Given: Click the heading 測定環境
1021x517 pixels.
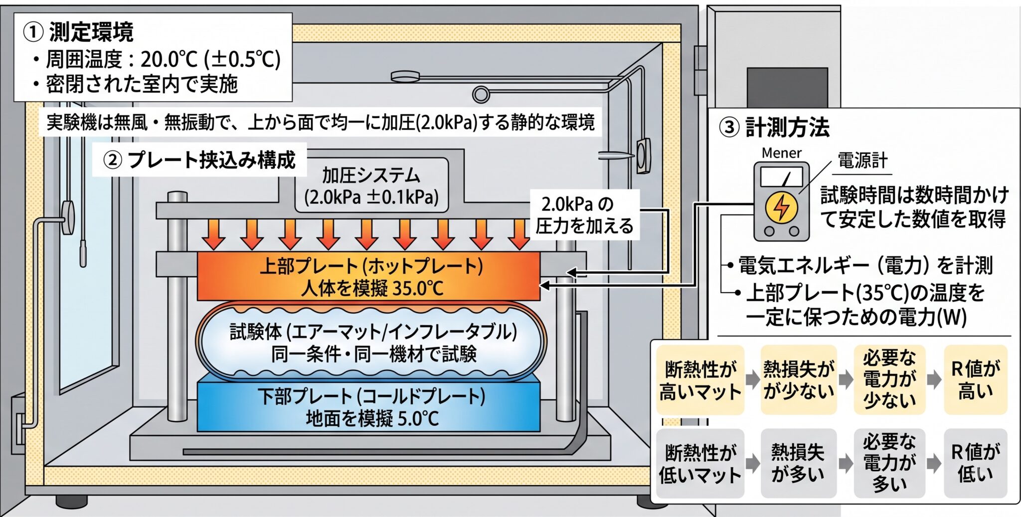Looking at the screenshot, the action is [x=91, y=32].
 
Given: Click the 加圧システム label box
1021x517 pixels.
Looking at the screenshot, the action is [x=371, y=186].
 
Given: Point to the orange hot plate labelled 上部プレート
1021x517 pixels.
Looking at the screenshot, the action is [x=368, y=276].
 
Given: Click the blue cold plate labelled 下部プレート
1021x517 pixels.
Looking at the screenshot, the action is [x=368, y=406].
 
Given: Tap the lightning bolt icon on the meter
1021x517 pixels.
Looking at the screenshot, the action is [x=781, y=207].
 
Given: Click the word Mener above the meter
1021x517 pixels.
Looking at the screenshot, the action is [x=781, y=153].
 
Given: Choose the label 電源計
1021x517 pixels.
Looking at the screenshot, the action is [x=862, y=161].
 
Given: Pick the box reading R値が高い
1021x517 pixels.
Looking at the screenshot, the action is [x=976, y=380].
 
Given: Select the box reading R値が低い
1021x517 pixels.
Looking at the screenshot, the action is [x=976, y=463].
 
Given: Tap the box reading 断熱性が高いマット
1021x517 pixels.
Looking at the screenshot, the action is [x=700, y=380].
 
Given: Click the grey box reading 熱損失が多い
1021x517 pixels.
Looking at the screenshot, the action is [x=798, y=463].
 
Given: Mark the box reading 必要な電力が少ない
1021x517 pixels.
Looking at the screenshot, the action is [x=889, y=380].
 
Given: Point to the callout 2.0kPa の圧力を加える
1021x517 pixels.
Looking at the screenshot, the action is [x=584, y=215].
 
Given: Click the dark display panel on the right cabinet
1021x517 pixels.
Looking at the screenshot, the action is [x=787, y=88].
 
